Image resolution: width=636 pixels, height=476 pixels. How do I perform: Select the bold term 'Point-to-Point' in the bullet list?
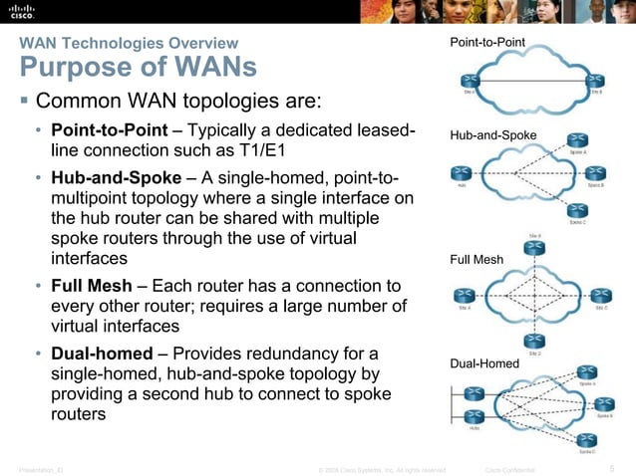[109, 132]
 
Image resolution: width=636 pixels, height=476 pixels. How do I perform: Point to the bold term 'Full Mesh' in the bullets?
[89, 285]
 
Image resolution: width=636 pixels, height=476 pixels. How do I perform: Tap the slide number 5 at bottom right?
[611, 466]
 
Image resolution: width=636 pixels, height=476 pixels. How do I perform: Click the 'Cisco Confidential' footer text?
[509, 467]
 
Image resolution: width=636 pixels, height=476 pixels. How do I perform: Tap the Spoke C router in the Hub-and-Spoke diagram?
[577, 209]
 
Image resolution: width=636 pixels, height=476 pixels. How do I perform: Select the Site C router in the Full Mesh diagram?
[601, 296]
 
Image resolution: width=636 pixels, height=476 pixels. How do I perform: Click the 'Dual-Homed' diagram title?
[485, 363]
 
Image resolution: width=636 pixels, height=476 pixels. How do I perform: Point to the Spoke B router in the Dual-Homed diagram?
[602, 406]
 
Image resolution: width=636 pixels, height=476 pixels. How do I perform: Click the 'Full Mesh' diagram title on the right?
[477, 260]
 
